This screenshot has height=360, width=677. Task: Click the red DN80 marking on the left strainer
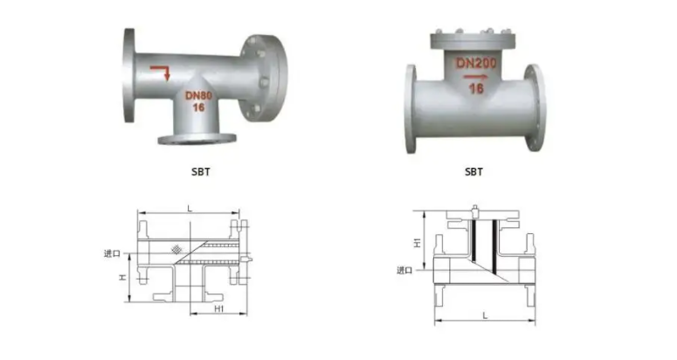(198, 95)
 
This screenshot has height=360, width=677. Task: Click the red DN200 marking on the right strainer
(476, 63)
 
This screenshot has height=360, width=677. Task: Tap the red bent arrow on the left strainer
(160, 73)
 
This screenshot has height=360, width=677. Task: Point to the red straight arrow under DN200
(476, 77)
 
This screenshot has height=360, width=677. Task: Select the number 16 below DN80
(198, 107)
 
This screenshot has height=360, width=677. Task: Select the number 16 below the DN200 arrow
(476, 88)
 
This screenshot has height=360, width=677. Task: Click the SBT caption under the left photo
(200, 172)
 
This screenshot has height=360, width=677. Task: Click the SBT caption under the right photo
(473, 172)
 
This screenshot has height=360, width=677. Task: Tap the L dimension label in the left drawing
(189, 209)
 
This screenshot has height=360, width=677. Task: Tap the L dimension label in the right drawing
(485, 316)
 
